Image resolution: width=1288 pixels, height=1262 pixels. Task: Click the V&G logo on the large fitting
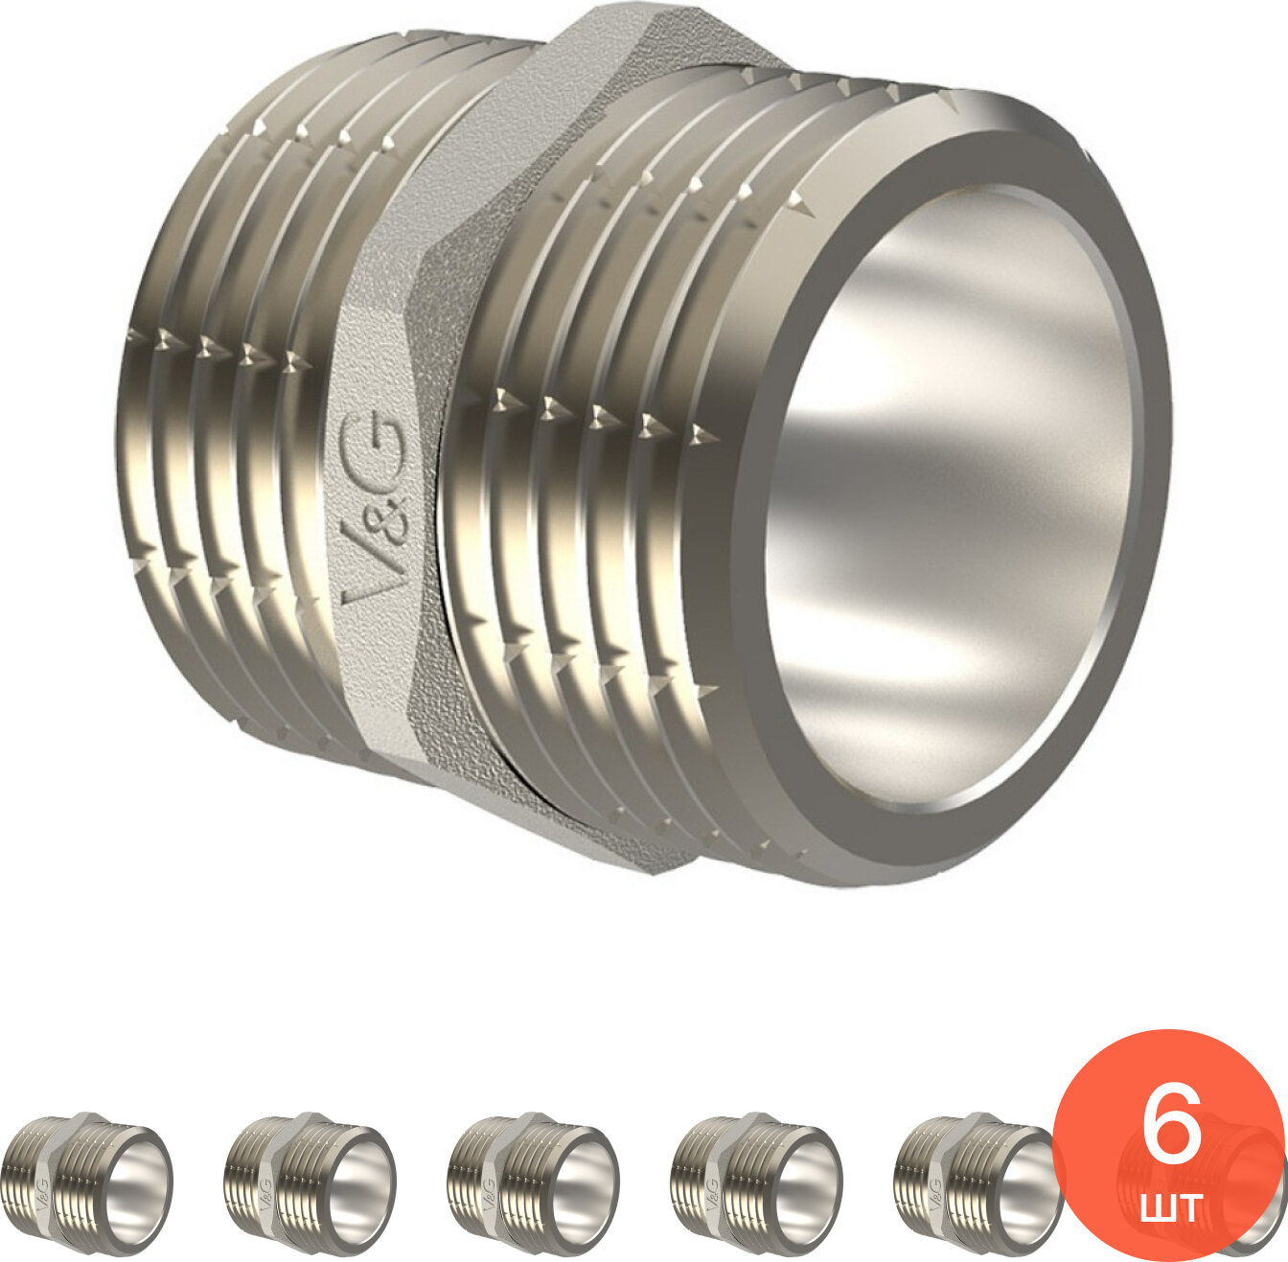click(374, 507)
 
